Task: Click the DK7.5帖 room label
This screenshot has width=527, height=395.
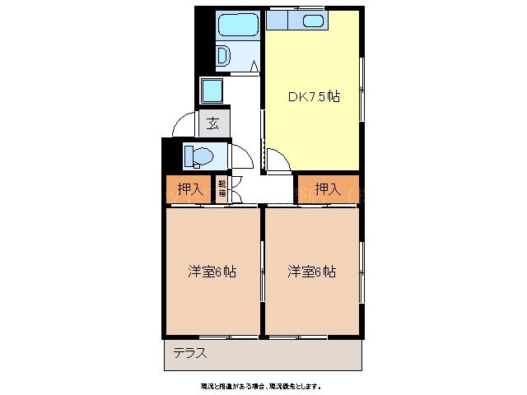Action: point(314,97)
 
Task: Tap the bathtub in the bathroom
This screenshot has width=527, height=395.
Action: point(238,27)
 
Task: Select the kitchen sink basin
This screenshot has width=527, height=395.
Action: point(312,21)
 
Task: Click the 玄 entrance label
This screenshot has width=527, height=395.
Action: point(213,124)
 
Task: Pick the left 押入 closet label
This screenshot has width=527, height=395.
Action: point(189,189)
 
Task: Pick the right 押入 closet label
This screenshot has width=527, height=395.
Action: point(328,189)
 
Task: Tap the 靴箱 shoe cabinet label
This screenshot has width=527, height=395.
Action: point(222,189)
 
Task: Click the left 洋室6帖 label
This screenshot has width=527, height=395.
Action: point(212,271)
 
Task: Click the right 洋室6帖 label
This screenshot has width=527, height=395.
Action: point(311,271)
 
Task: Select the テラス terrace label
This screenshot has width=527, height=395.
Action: point(189,354)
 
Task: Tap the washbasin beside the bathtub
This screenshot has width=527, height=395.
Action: point(223,56)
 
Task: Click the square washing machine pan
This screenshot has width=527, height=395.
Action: point(213,91)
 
